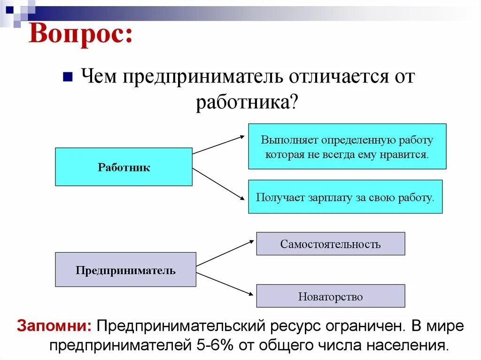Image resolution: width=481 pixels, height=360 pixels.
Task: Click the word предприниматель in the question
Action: click(202, 77)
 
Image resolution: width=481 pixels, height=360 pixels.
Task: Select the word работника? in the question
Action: click(247, 102)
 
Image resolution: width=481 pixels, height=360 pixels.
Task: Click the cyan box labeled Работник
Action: click(124, 167)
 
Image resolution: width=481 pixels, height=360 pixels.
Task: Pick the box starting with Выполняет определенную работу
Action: click(347, 146)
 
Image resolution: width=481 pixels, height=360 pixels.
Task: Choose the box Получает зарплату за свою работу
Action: click(345, 197)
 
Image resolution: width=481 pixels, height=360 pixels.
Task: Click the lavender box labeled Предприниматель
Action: click(125, 270)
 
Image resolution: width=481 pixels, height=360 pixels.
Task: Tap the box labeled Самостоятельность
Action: click(330, 244)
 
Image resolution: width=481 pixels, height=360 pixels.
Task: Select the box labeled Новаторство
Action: click(330, 296)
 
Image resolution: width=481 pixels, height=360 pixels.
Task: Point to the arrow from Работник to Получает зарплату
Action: click(219, 184)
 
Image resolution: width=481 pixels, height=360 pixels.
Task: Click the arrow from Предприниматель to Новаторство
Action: click(225, 284)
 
